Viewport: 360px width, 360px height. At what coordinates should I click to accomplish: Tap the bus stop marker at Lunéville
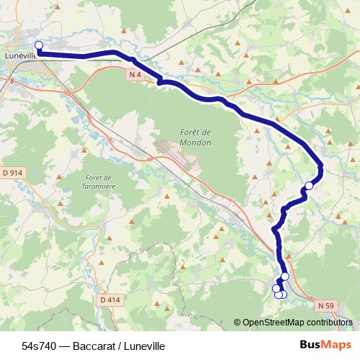click(x=39, y=45)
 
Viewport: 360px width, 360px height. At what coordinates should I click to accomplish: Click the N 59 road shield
click(x=325, y=305)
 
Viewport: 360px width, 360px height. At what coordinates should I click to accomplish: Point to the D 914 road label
click(x=13, y=173)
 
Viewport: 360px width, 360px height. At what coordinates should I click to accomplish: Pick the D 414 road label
click(x=110, y=300)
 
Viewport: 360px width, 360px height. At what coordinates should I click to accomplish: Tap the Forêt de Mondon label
click(x=195, y=137)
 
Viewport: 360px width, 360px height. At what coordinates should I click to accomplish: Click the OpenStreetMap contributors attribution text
click(x=297, y=322)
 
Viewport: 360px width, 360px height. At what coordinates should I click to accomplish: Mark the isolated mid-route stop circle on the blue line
click(x=310, y=186)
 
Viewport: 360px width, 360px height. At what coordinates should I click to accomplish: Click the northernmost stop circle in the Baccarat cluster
click(x=285, y=276)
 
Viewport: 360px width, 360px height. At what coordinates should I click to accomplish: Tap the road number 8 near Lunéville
click(x=12, y=82)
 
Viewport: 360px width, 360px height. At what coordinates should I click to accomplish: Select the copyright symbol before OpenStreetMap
click(x=237, y=322)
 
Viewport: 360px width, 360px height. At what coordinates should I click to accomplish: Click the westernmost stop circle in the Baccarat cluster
click(x=276, y=288)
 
